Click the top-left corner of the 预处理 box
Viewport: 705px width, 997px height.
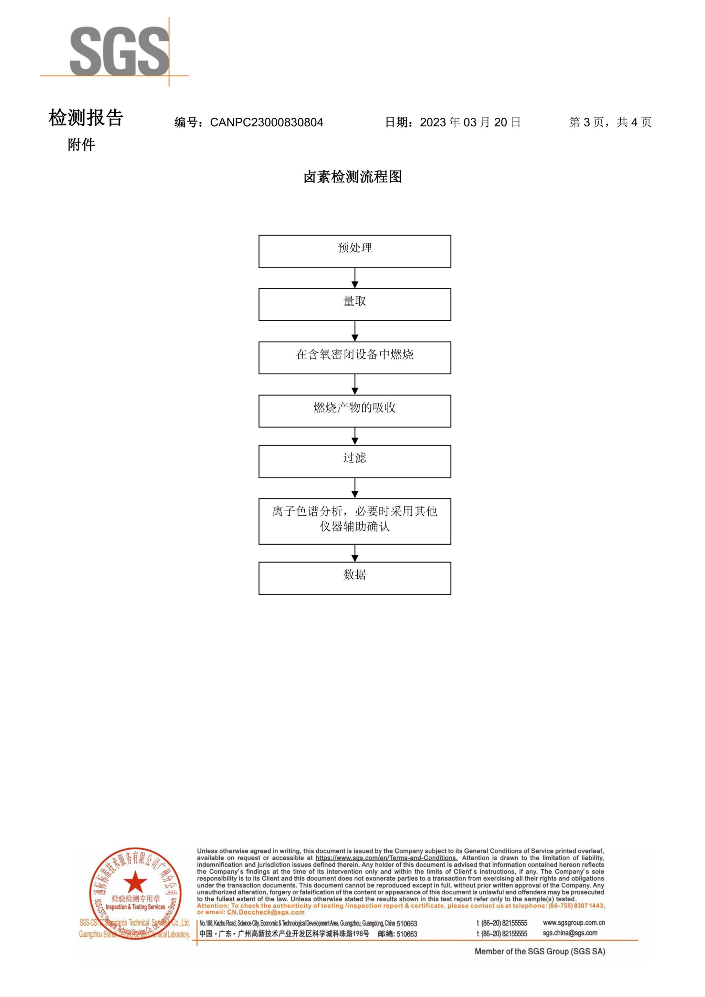click(x=259, y=236)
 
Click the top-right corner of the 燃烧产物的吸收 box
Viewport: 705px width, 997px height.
click(x=451, y=396)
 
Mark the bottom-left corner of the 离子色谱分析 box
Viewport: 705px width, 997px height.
click(x=259, y=544)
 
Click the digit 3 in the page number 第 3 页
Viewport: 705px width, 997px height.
click(x=587, y=123)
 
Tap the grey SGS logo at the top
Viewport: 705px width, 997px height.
click(x=119, y=51)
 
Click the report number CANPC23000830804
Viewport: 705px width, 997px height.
click(x=266, y=123)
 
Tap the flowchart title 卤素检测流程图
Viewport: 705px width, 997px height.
click(x=352, y=177)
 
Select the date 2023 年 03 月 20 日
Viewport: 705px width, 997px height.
click(x=470, y=123)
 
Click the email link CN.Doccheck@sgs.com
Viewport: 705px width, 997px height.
click(x=266, y=912)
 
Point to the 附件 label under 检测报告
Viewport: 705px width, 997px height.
click(x=81, y=145)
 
